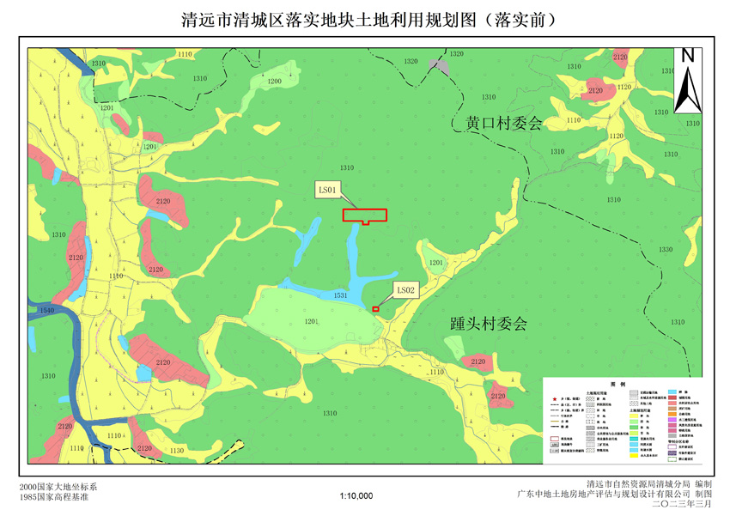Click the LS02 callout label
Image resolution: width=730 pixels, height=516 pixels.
coord(405,291)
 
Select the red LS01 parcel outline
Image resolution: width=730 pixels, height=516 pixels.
coord(365,216)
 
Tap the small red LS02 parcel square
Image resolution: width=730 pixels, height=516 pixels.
coord(375,309)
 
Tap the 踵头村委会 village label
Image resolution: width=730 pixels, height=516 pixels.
coord(488,325)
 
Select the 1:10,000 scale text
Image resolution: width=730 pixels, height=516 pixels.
coord(356,495)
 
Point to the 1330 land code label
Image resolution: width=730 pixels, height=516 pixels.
coord(666,250)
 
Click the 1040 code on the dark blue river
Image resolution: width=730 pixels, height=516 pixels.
coord(46,310)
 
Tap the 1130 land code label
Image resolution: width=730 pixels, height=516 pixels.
coord(177,450)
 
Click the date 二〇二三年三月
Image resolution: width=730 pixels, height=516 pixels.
coord(683,504)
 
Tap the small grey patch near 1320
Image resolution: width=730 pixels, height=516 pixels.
coord(440,66)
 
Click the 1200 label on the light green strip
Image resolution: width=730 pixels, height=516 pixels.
coord(274,81)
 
